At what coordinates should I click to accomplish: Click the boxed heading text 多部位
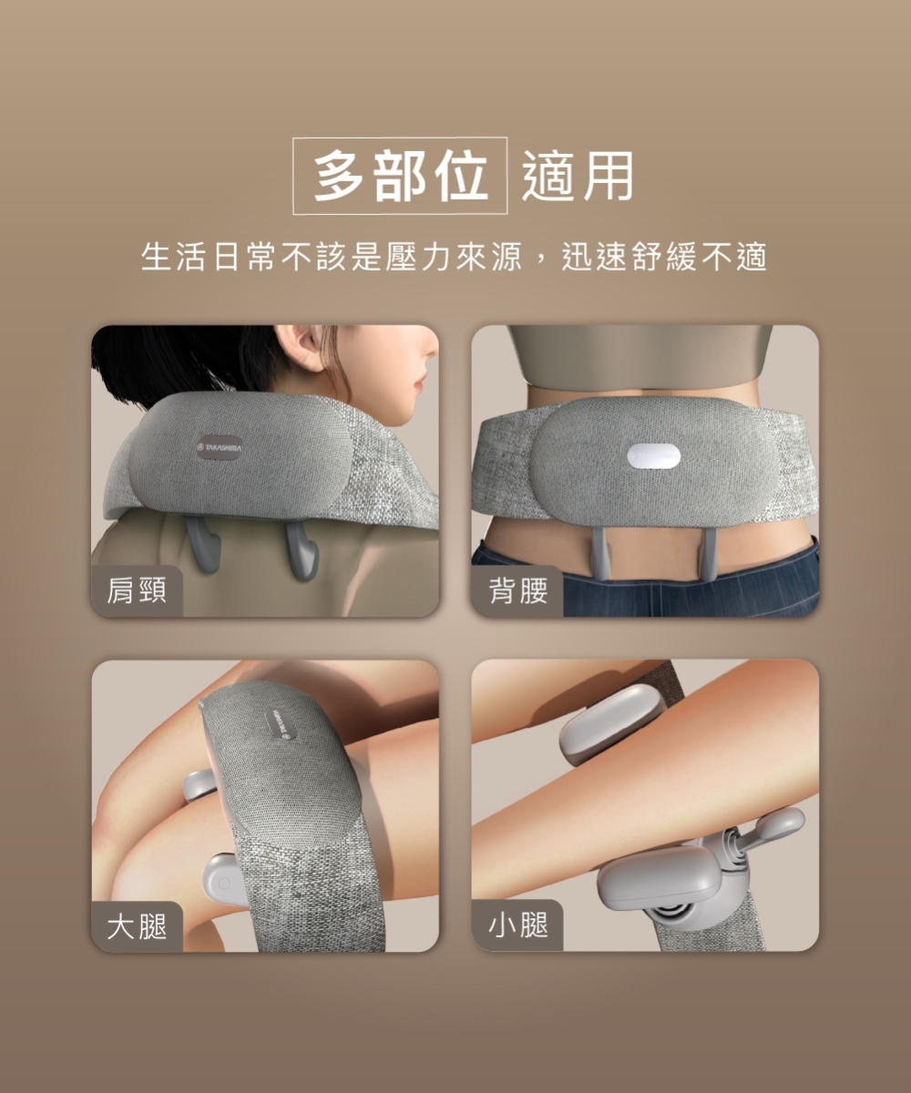400,176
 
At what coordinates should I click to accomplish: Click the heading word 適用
578,176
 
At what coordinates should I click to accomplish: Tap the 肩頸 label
138,590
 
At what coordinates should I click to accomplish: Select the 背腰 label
518,590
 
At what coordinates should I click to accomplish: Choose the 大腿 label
138,925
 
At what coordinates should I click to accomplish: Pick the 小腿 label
518,925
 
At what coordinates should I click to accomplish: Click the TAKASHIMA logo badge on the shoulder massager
220,447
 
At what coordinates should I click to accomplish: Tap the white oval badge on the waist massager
653,457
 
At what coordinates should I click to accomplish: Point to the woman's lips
419,386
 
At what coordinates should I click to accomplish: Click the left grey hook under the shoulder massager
204,545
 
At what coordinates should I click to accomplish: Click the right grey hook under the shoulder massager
302,548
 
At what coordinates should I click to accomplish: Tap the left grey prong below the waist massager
600,554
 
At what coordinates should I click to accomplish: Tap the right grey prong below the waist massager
708,554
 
